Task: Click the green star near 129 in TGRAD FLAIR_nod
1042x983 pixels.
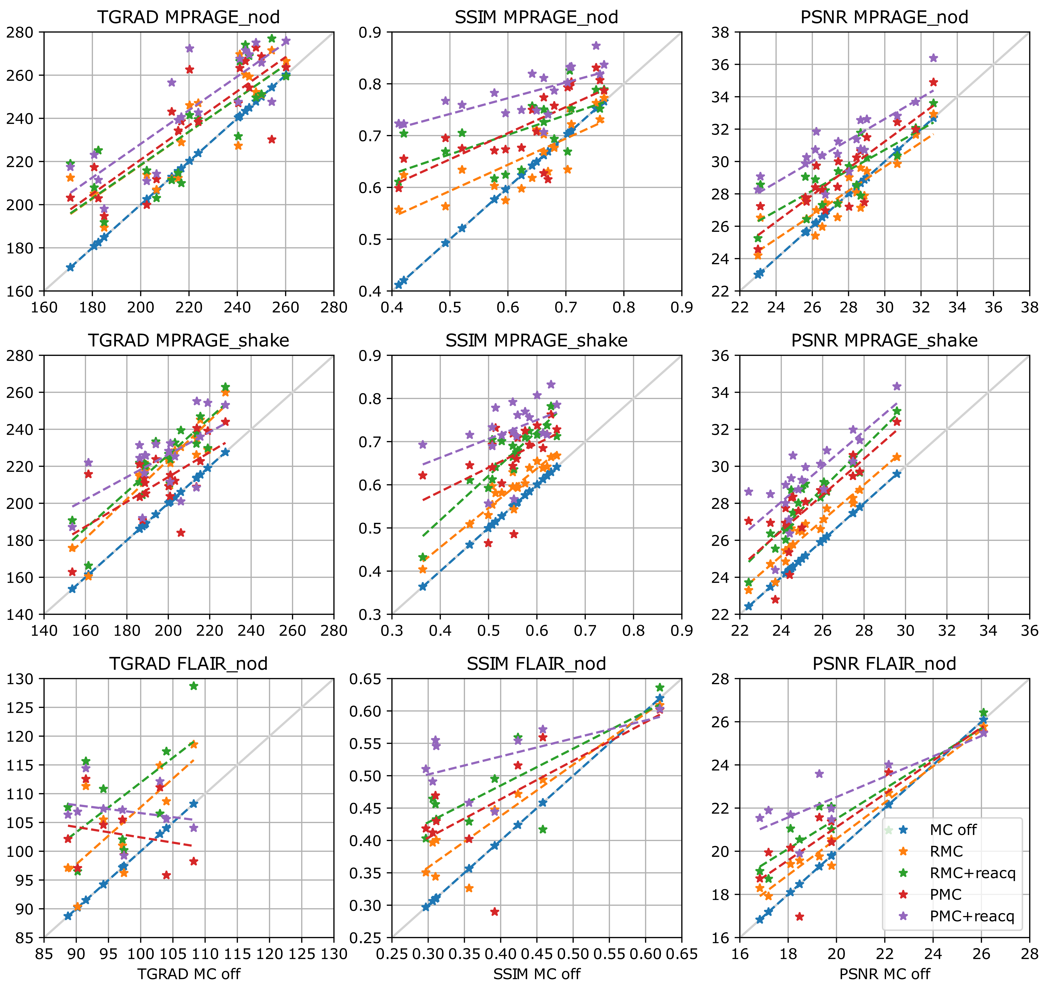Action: tap(194, 685)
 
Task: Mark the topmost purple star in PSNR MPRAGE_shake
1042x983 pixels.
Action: tap(897, 386)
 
